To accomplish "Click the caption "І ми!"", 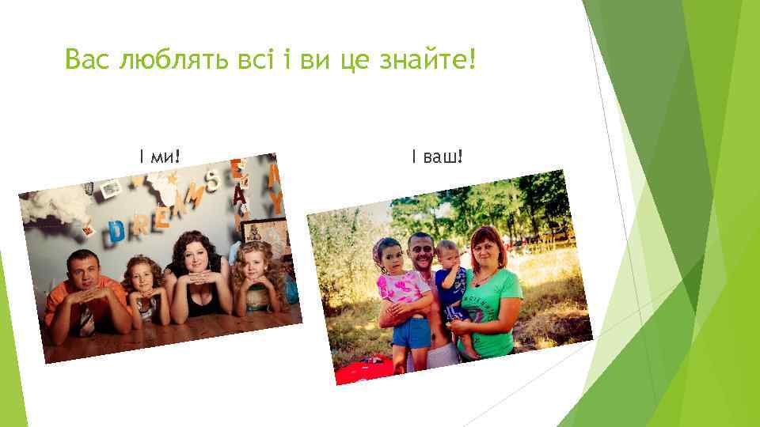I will pyautogui.click(x=159, y=158).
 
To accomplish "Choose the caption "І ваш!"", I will pyautogui.click(x=436, y=158).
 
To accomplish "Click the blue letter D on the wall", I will pyautogui.click(x=116, y=231).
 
